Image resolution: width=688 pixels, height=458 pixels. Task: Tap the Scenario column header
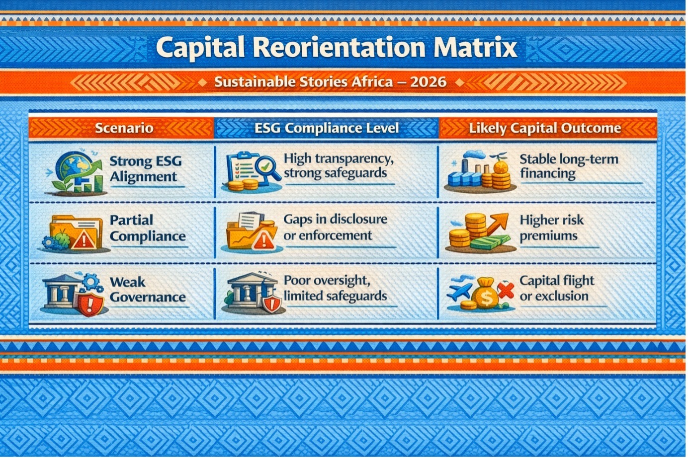[124, 128]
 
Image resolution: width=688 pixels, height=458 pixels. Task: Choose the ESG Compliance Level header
[327, 128]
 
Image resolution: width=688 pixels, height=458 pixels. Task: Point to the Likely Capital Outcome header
[545, 128]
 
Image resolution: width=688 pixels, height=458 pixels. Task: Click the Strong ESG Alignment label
[146, 169]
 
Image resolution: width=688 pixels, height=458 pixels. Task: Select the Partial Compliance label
[148, 228]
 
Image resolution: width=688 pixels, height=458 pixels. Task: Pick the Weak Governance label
[148, 290]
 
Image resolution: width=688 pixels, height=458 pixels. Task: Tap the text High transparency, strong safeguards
[339, 166]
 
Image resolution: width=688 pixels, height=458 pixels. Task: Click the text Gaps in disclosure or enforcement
[336, 228]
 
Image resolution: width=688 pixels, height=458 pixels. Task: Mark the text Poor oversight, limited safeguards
[335, 288]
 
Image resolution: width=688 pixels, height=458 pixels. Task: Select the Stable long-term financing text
[569, 166]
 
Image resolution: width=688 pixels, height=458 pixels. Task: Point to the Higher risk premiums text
[552, 228]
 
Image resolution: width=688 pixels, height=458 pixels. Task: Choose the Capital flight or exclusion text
[557, 289]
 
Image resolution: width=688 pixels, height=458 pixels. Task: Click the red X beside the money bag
[506, 291]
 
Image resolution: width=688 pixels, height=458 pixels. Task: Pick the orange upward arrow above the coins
[497, 223]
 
